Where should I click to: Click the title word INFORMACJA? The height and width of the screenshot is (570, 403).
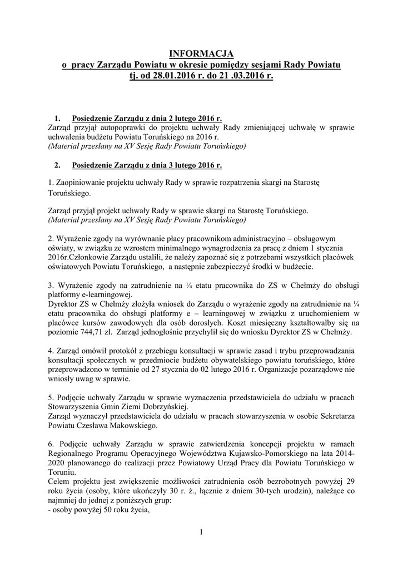point(201,53)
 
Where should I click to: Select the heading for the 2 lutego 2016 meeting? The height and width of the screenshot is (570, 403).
point(147,118)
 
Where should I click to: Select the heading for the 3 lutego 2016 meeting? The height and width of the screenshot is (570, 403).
point(147,165)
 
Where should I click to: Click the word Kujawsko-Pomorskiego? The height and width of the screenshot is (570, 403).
point(243,454)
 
